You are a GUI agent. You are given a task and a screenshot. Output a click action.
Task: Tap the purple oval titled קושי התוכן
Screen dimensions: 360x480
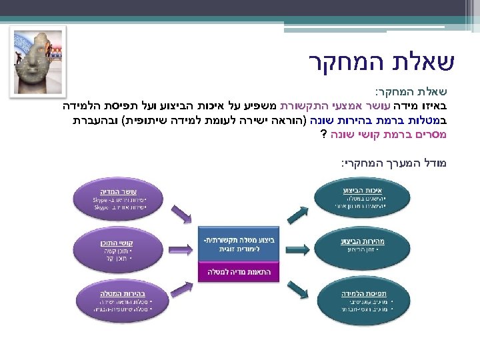(x=119, y=249)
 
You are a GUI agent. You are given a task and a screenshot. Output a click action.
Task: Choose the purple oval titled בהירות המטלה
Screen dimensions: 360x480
(x=119, y=299)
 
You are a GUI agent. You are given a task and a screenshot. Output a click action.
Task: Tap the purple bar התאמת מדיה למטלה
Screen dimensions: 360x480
(x=240, y=272)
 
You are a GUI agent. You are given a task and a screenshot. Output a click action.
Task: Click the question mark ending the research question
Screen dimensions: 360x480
(x=323, y=133)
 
